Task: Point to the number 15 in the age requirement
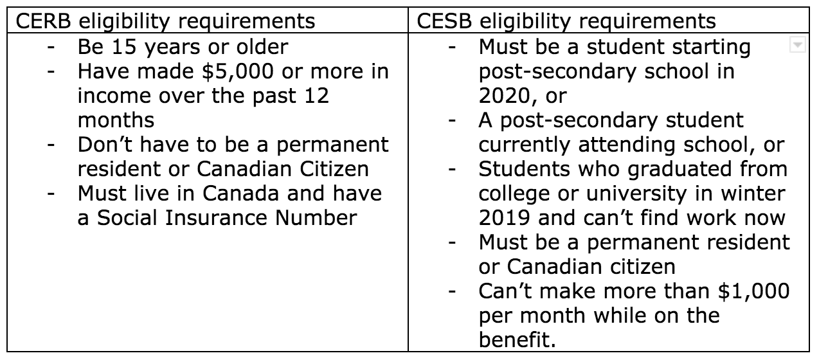coord(124,47)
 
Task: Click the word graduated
coord(664,169)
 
